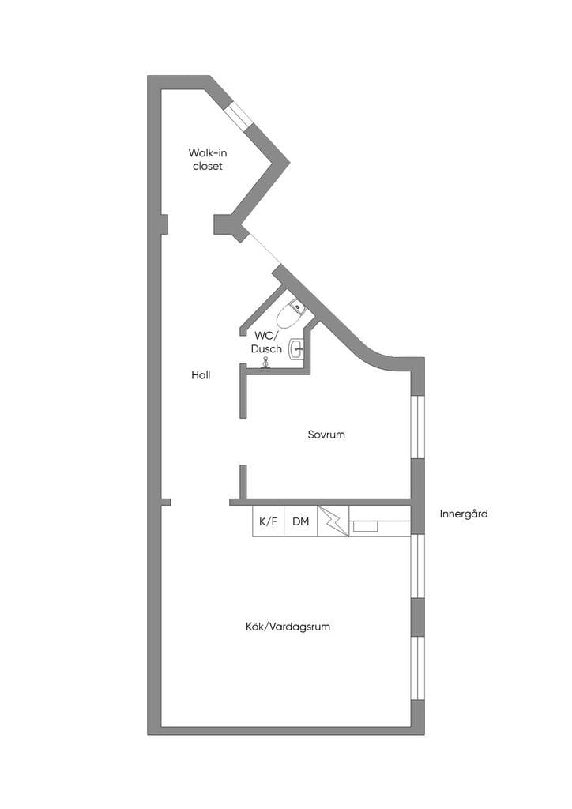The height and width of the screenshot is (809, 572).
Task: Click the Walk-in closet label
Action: point(207,159)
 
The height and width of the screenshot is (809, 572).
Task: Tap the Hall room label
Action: point(201,375)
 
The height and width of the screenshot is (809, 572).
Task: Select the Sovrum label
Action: point(326,435)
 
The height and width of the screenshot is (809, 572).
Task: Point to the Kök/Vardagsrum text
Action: point(288,627)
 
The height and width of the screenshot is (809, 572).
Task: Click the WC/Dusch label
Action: point(267,342)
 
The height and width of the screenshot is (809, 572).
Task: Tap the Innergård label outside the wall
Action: point(464,514)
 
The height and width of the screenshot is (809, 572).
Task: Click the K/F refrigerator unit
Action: point(268,521)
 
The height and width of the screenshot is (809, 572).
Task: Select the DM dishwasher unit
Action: point(301,521)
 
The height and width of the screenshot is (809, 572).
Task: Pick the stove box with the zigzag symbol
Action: point(333,521)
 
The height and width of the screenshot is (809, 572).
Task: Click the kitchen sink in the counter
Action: point(364,526)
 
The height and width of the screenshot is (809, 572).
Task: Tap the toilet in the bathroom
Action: point(291,313)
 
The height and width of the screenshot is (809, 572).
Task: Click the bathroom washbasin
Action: point(296,348)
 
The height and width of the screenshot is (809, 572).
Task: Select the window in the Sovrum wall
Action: point(417,427)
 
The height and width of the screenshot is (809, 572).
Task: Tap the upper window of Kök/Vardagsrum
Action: point(417,566)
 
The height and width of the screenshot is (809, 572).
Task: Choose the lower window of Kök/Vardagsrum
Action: point(417,668)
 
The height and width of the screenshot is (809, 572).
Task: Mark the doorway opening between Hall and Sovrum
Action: point(243,441)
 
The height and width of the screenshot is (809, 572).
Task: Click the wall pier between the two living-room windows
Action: point(417,617)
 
